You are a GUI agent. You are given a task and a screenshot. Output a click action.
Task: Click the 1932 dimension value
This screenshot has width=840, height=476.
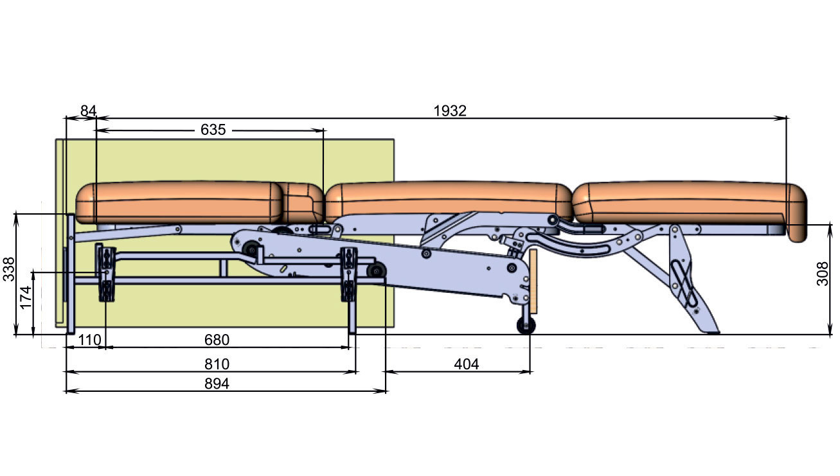[450, 111]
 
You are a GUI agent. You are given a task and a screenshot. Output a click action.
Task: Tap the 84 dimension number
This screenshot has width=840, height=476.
[89, 111]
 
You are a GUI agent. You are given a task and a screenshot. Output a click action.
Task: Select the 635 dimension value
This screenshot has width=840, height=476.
[213, 130]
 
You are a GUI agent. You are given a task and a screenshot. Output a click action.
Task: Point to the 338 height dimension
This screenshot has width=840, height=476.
[9, 269]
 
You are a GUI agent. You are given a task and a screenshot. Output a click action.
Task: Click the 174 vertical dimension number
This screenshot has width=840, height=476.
[26, 297]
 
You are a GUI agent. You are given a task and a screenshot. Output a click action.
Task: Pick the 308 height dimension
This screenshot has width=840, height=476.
[823, 274]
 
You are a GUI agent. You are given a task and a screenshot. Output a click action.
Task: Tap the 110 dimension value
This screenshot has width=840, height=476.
[89, 340]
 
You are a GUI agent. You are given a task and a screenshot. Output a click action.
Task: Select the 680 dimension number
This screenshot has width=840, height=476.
[217, 340]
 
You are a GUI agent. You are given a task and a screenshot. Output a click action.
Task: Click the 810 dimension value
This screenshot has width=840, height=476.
[217, 364]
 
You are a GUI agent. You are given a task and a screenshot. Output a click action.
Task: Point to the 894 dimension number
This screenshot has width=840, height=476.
[217, 383]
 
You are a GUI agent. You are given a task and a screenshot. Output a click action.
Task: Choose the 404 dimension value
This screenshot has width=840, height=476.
[467, 364]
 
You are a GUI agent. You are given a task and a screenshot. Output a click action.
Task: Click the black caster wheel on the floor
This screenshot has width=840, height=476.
[526, 325]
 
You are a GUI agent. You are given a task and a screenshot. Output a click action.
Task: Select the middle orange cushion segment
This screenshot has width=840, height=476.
[449, 202]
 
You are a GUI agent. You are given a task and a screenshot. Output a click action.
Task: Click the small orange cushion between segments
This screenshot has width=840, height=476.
[303, 202]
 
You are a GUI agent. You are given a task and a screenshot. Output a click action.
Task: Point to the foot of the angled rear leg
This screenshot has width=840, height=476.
[711, 331]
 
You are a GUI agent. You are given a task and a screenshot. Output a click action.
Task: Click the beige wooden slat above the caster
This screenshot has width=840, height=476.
[533, 281]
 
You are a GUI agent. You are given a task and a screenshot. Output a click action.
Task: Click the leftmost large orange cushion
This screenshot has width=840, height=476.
[179, 202]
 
